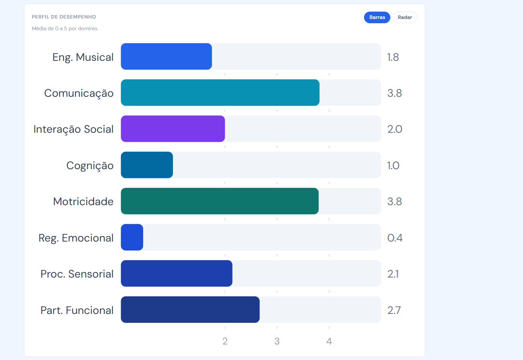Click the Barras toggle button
click(x=377, y=17)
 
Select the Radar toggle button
click(x=405, y=17)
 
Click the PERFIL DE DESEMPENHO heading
click(x=64, y=17)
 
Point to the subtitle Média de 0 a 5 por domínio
click(x=65, y=29)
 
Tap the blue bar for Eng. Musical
click(x=166, y=56)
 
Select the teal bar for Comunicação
click(x=220, y=93)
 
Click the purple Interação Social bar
click(x=173, y=129)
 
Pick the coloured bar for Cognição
click(x=147, y=165)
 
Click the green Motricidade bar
click(x=219, y=201)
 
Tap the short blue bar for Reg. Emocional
click(x=132, y=237)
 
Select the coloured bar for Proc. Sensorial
click(x=176, y=274)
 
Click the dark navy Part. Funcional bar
click(x=190, y=310)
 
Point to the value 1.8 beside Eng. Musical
click(x=393, y=57)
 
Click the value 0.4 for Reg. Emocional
click(x=395, y=238)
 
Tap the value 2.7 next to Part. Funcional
click(x=394, y=310)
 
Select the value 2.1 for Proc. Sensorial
click(x=393, y=274)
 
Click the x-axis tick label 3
click(x=277, y=341)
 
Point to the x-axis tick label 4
click(x=329, y=341)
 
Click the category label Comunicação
click(x=79, y=93)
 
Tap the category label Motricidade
click(x=83, y=201)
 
